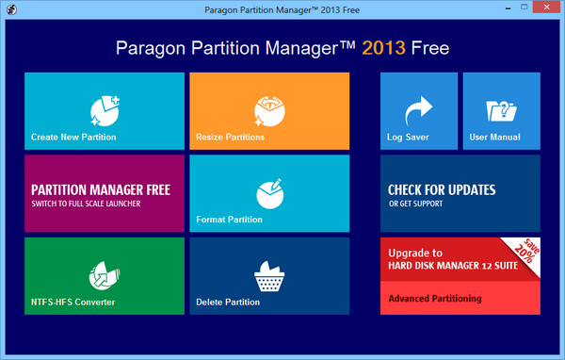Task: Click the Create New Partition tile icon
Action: (104, 109)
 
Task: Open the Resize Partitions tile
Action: (268, 111)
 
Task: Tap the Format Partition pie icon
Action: (268, 192)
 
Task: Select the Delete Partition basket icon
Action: (269, 275)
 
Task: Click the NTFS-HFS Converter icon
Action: (104, 275)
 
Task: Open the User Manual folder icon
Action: (500, 111)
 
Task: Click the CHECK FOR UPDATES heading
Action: (442, 189)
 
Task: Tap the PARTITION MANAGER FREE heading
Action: (101, 189)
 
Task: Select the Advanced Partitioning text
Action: (435, 299)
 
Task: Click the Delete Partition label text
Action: (228, 303)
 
